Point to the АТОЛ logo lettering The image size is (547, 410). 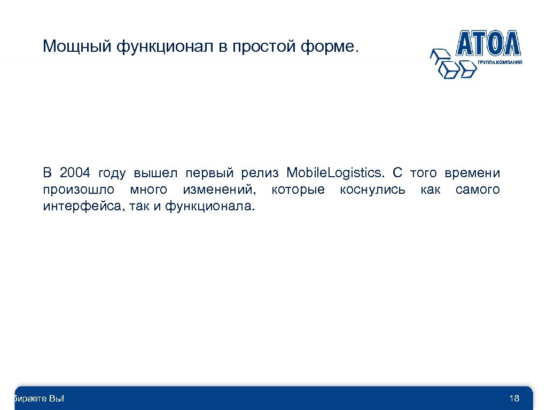pos(488,43)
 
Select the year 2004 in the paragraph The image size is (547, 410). pos(76,174)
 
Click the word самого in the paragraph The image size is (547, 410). pos(478,190)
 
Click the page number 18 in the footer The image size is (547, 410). pos(514,398)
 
